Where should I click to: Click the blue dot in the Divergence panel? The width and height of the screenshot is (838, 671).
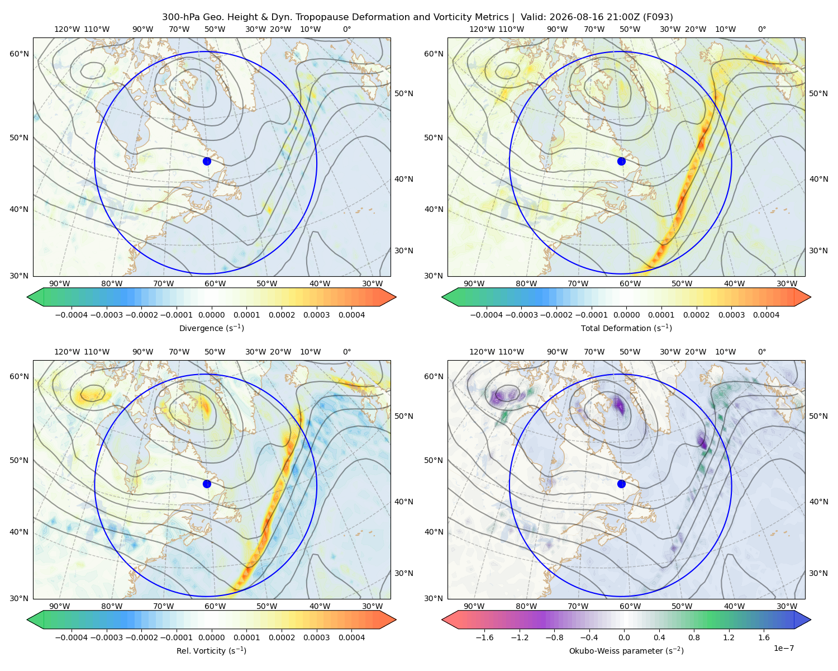[x=207, y=161]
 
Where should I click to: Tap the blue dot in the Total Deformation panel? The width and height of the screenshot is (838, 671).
[x=621, y=161]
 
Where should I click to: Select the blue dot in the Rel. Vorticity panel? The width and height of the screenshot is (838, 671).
[x=207, y=484]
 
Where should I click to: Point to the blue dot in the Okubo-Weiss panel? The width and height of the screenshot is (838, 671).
[x=621, y=484]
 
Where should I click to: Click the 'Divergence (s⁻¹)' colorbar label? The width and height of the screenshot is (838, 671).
[x=211, y=328]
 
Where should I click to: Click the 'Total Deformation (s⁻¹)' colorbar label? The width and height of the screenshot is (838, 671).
[x=626, y=328]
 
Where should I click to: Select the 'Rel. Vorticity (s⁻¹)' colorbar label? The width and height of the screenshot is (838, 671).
[x=211, y=651]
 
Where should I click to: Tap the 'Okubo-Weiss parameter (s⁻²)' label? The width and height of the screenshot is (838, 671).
[x=626, y=651]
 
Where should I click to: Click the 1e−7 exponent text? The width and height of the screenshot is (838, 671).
[x=783, y=648]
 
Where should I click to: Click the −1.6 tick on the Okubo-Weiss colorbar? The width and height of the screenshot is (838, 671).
[x=484, y=637]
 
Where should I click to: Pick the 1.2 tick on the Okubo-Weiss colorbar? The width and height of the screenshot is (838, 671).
[x=729, y=637]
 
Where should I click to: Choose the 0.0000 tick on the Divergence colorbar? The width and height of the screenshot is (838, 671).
[x=211, y=315]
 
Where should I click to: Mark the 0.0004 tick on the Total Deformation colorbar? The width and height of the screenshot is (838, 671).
[x=766, y=315]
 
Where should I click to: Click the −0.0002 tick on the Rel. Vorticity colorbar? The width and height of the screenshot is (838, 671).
[x=141, y=637]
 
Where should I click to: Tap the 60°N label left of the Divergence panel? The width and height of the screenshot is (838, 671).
[x=19, y=54]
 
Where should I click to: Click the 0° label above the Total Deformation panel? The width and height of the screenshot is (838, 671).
[x=761, y=29]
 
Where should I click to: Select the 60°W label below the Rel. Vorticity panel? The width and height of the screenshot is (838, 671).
[x=215, y=606]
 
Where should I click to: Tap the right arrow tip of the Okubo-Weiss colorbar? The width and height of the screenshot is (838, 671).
[x=811, y=620]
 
